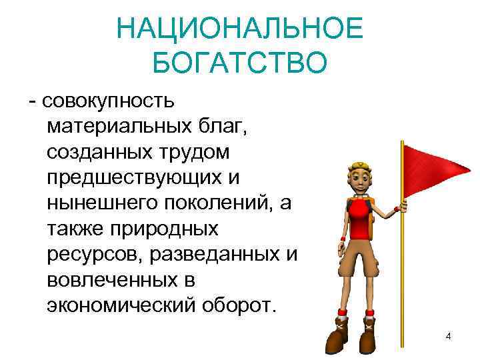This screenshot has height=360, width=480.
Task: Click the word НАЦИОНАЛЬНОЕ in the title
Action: [239, 29]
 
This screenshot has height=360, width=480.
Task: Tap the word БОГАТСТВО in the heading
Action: [239, 63]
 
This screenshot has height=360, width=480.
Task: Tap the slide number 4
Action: [449, 336]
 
